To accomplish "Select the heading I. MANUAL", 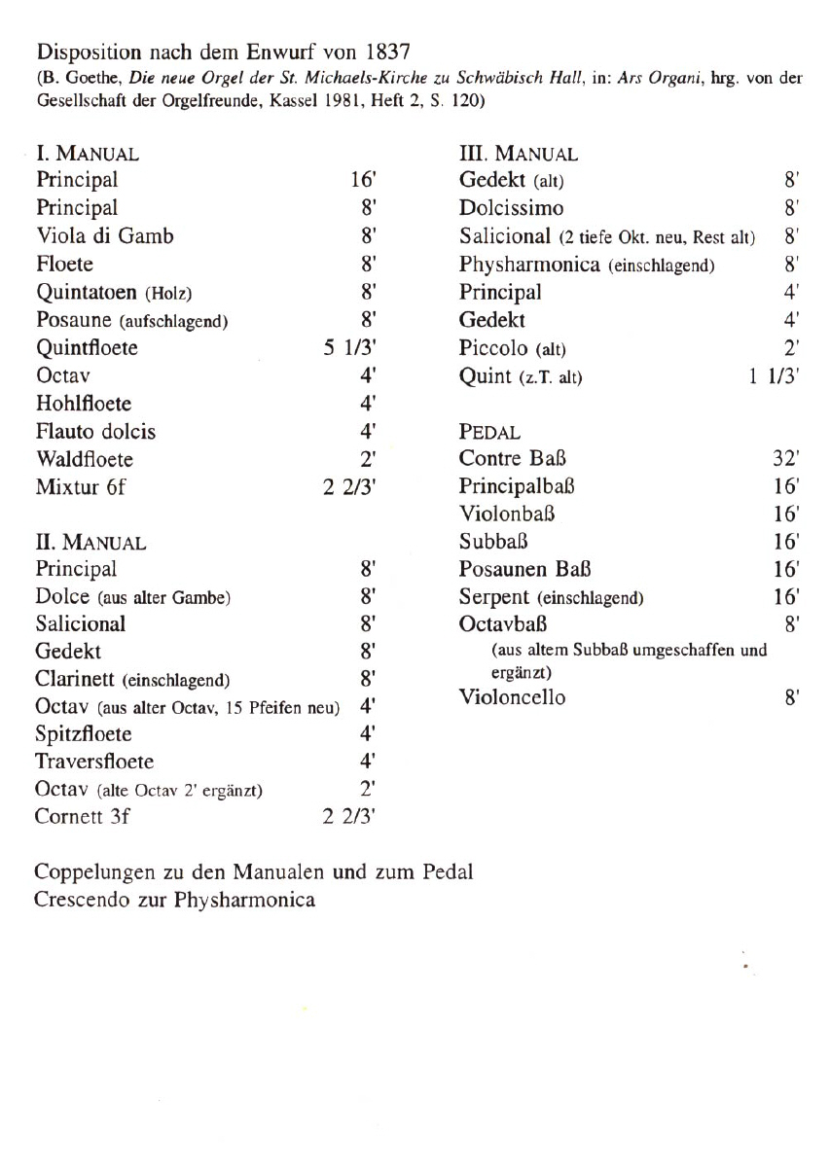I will coord(87,154).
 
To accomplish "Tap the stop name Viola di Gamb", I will coord(105,235).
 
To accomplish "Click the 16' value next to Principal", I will coord(363,180).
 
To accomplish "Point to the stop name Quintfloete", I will coord(87,347).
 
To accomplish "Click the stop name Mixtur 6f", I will coord(81,487).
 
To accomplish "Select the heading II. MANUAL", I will coord(90,544).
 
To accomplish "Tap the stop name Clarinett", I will coord(77,678).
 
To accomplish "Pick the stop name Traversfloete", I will coord(94,761).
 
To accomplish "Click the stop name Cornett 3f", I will coord(83,816).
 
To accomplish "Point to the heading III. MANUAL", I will coord(518,154).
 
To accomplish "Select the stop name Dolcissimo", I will coord(511,208).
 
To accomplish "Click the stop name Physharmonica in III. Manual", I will coord(528,265).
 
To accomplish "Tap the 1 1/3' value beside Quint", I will coord(775,375).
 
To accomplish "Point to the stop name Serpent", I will coord(495,596).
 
